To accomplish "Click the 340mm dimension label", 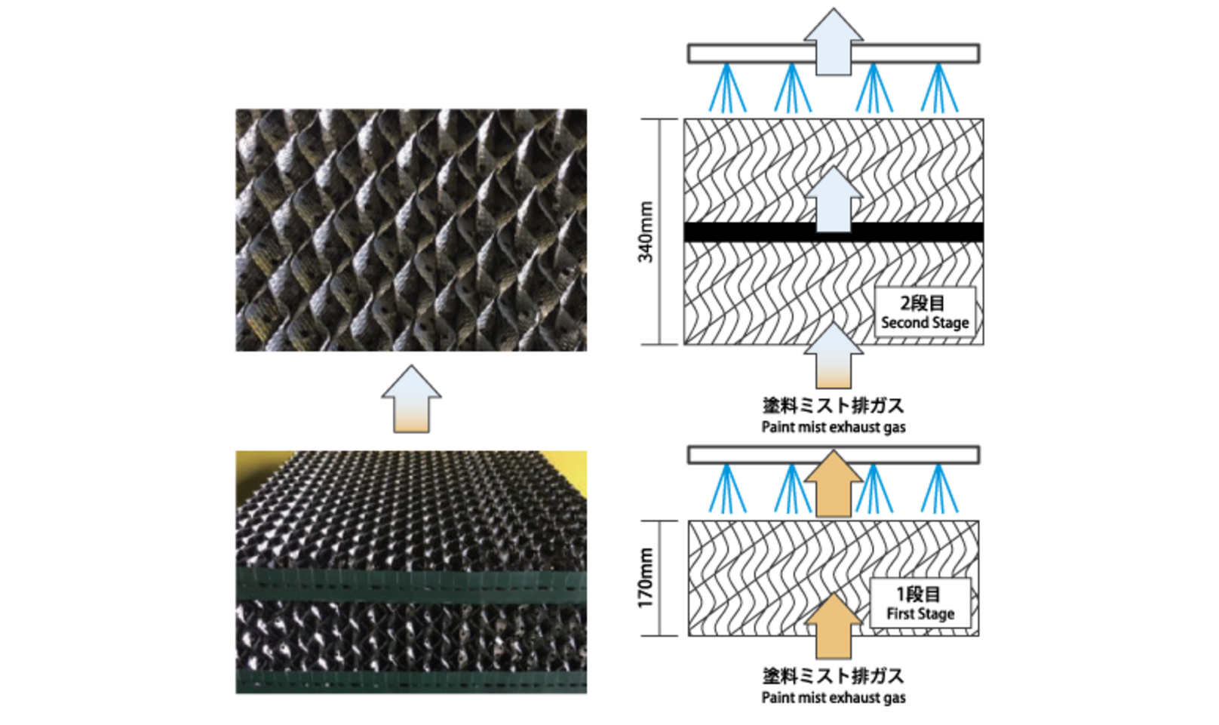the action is [646, 232].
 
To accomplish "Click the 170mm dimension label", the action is [646, 578].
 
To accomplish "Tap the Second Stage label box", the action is [925, 312].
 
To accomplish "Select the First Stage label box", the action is [920, 603].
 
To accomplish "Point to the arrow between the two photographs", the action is [411, 399].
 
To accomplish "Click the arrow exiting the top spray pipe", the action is [834, 41].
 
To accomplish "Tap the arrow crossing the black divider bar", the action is [834, 200].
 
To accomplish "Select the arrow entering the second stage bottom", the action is [834, 356].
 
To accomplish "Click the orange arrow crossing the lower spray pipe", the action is [834, 484].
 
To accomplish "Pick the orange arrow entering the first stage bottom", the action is [834, 626].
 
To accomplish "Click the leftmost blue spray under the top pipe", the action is [728, 88].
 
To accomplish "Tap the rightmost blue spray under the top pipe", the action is [939, 88].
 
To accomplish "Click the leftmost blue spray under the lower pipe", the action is [728, 488].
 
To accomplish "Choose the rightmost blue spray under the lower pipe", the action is [939, 488].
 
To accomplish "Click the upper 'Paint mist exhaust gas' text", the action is [834, 427].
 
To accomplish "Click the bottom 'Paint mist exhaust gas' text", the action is [834, 697].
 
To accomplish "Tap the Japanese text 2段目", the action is [923, 303].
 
